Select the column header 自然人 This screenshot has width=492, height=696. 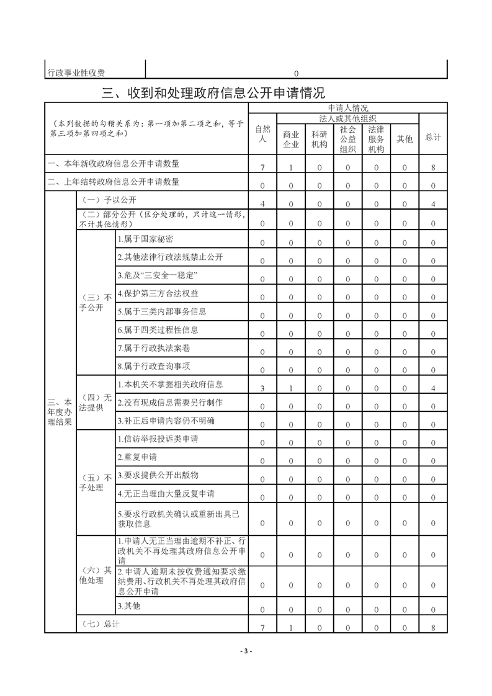[x=262, y=135]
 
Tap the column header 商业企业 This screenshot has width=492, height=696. [x=291, y=140]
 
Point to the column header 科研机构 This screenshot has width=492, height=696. [x=320, y=140]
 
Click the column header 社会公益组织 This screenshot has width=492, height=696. [x=347, y=139]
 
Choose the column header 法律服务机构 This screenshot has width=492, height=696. [x=376, y=139]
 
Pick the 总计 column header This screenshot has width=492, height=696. [x=433, y=137]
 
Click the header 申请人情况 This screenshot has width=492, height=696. [x=347, y=108]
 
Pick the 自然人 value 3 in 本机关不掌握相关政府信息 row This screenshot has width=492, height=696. [x=262, y=388]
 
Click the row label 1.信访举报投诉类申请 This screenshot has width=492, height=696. [x=158, y=439]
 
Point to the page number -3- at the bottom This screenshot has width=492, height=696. [x=246, y=651]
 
